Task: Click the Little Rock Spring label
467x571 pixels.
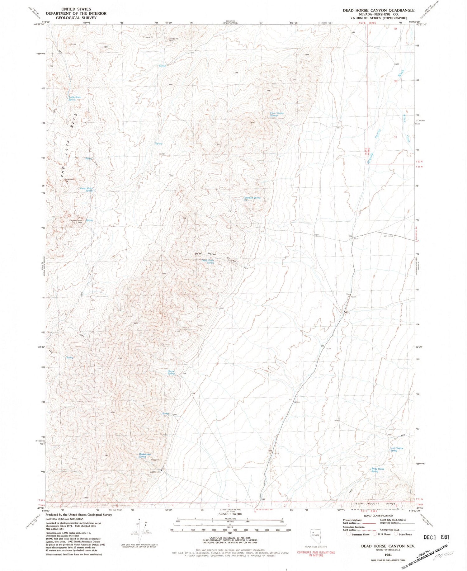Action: (x=74, y=98)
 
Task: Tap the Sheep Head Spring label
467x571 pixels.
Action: (x=86, y=189)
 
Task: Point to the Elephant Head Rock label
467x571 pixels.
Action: (x=76, y=221)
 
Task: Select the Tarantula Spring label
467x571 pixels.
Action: (x=252, y=198)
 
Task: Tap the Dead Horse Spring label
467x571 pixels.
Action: (x=208, y=262)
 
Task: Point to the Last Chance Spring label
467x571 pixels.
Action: (x=397, y=449)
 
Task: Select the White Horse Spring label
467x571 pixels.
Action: (x=377, y=470)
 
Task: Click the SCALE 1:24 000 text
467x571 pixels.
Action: (x=230, y=514)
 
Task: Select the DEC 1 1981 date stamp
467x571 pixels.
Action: (x=436, y=537)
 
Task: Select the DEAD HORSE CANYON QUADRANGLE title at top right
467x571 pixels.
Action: (x=379, y=10)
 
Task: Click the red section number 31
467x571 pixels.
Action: (x=395, y=137)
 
